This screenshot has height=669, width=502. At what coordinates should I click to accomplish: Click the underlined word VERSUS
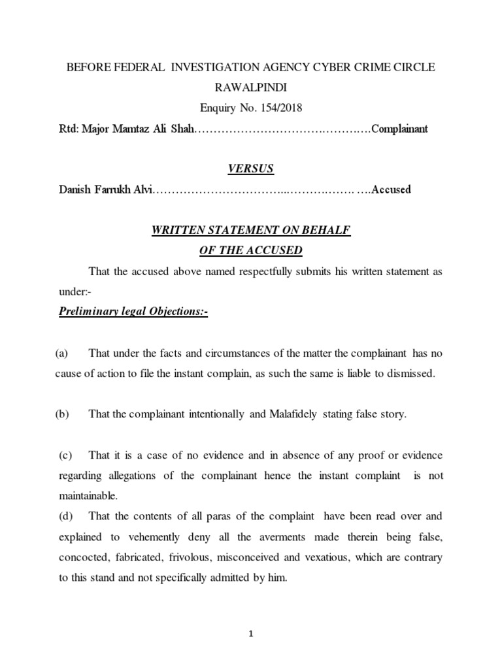coord(250,169)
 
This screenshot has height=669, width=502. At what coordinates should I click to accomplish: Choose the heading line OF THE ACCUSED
coord(250,250)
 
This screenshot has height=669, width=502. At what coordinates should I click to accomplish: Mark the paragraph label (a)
coord(62,353)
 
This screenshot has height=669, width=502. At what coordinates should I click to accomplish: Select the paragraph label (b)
coord(63,415)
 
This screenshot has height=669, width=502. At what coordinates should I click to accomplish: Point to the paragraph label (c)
coord(66,455)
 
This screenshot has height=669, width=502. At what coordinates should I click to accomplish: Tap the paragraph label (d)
coord(66,516)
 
